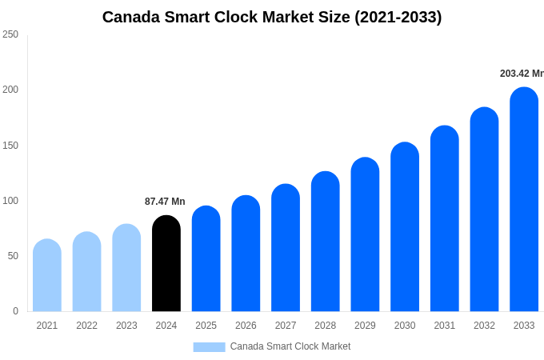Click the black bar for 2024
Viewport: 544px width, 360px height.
click(x=166, y=264)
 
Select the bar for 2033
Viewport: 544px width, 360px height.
click(x=524, y=200)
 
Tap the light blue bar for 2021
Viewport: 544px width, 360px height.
click(x=47, y=276)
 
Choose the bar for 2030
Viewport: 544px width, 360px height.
click(x=405, y=227)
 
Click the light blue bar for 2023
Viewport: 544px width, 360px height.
click(x=126, y=268)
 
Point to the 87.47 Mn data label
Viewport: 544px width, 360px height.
click(x=165, y=202)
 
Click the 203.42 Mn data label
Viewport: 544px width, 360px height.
click(x=522, y=74)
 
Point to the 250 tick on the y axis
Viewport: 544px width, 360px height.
click(x=10, y=34)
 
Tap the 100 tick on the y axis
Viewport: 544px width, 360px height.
click(x=10, y=201)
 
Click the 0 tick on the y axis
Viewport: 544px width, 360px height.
click(x=15, y=311)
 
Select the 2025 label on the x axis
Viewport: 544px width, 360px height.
click(x=206, y=326)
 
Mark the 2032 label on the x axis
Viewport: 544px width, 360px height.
click(x=484, y=326)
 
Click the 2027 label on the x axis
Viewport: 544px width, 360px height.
click(x=286, y=326)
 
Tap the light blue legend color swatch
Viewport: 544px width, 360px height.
click(x=209, y=347)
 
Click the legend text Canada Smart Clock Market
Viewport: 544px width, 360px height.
click(x=290, y=346)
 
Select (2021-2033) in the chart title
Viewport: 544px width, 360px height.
click(x=398, y=17)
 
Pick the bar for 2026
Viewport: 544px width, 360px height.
click(x=246, y=254)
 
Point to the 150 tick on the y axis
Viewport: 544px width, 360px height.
click(x=10, y=146)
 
